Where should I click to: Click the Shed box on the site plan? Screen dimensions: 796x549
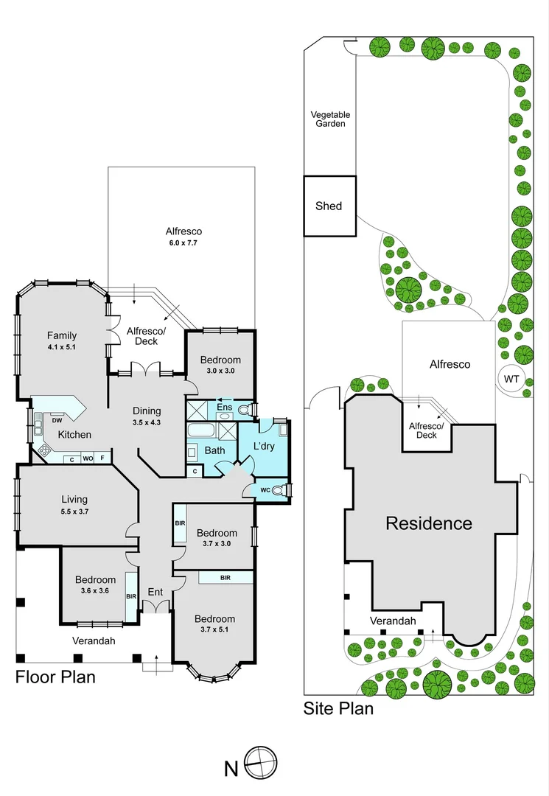(329, 206)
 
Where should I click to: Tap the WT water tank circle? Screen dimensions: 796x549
(511, 378)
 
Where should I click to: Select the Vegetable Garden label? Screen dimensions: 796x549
(329, 119)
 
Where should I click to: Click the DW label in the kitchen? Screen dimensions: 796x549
(57, 421)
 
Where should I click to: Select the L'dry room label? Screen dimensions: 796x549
(264, 447)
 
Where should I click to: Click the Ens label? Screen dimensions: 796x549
(224, 407)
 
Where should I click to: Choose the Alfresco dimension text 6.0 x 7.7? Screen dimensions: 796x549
(182, 242)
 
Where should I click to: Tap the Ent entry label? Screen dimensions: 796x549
(155, 592)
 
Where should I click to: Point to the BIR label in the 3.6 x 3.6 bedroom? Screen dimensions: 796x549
(132, 596)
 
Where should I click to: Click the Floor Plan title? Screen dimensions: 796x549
(55, 676)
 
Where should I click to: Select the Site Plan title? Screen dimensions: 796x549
(338, 709)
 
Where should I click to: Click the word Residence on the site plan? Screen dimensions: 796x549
(429, 523)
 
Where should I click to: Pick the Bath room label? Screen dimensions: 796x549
(214, 450)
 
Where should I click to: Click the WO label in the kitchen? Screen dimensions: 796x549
(87, 458)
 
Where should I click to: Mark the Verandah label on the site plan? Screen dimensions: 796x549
(393, 621)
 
